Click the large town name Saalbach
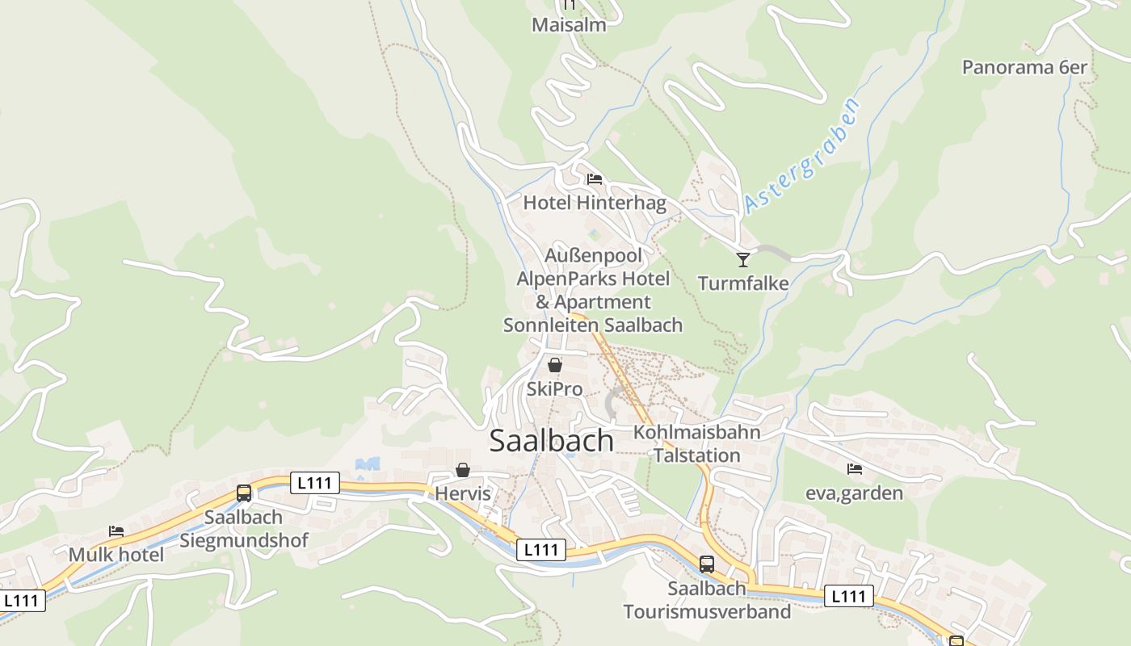(x=551, y=441)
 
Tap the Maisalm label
(x=569, y=25)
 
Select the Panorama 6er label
(x=1024, y=67)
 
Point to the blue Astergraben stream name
(x=801, y=156)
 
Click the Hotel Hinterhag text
(x=595, y=203)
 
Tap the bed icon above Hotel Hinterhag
(x=595, y=178)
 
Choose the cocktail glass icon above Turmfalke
(x=743, y=259)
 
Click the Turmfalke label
(x=743, y=283)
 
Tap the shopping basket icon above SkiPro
(x=555, y=365)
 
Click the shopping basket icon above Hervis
(x=463, y=469)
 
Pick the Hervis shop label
(x=463, y=493)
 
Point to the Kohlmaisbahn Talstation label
(x=696, y=444)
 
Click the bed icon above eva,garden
(x=855, y=468)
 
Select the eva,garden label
(x=854, y=493)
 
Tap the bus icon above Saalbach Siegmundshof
(x=244, y=493)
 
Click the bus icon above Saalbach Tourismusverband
(x=707, y=564)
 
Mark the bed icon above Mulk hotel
(x=116, y=531)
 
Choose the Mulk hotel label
(x=116, y=555)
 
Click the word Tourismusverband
(x=707, y=611)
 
